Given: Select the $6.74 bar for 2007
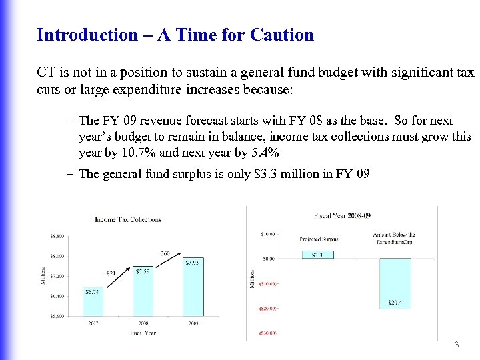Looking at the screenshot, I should pyautogui.click(x=93, y=301).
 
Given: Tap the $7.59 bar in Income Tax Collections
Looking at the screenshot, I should pyautogui.click(x=143, y=291).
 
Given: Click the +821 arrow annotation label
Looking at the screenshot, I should pyautogui.click(x=111, y=273).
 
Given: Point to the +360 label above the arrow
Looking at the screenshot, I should pyautogui.click(x=164, y=253).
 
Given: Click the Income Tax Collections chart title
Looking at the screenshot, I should pyautogui.click(x=127, y=219).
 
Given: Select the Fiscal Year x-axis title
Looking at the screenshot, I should pyautogui.click(x=143, y=333).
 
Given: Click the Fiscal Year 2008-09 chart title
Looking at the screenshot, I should pyautogui.click(x=342, y=215).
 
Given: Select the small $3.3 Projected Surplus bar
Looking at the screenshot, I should pyautogui.click(x=317, y=255).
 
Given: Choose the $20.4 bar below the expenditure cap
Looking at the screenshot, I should pyautogui.click(x=395, y=284).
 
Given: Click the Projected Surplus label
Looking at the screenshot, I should pyautogui.click(x=319, y=239).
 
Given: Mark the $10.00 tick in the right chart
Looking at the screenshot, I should pyautogui.click(x=267, y=234).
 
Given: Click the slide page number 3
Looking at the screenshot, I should pyautogui.click(x=456, y=345).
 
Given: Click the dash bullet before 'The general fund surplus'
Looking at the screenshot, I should pyautogui.click(x=70, y=174).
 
